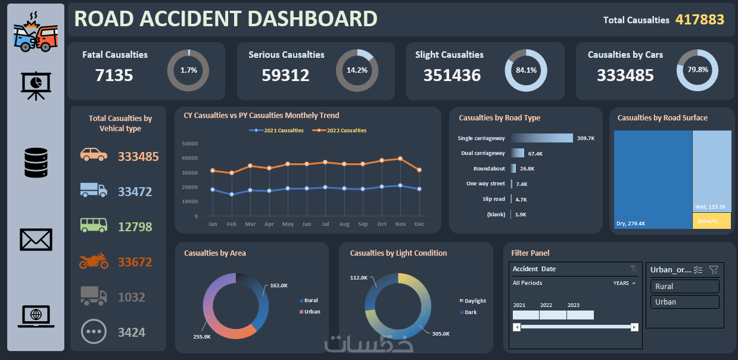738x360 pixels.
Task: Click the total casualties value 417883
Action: click(699, 20)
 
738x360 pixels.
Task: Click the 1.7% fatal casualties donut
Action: click(188, 70)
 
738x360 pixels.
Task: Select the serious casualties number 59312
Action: click(285, 75)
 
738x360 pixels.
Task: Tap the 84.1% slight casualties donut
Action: click(526, 70)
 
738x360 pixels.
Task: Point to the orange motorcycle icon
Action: click(94, 260)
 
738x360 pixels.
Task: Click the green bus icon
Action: click(94, 225)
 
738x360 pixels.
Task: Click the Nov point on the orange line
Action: click(400, 159)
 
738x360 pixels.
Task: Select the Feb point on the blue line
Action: click(232, 194)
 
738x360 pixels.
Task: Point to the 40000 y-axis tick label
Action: click(190, 158)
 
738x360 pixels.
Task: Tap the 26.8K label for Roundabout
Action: click(527, 169)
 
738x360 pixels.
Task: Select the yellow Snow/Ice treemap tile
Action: click(712, 221)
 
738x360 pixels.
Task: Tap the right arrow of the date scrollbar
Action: click(635, 327)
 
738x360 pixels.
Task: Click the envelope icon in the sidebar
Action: click(36, 240)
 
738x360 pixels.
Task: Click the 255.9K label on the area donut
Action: click(202, 337)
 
